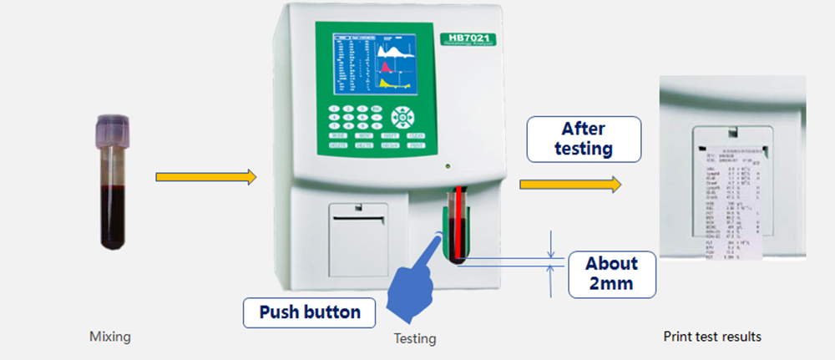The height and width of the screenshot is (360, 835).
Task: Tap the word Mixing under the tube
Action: coord(110,337)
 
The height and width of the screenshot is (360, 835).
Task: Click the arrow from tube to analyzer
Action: coord(206,176)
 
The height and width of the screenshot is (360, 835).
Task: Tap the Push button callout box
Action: coord(309,312)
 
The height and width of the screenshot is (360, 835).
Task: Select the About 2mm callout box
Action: coord(611,274)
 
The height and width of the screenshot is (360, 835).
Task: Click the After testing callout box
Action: coord(584,139)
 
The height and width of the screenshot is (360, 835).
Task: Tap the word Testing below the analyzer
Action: coord(415,338)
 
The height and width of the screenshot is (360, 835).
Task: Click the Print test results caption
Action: coord(712,337)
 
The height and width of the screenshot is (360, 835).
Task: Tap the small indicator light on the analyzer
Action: coord(450,164)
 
